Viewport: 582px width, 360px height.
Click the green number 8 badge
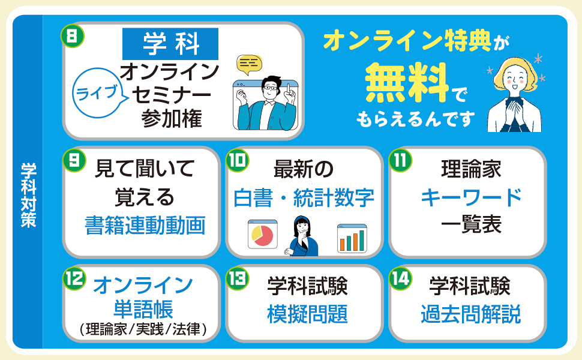pyautogui.click(x=71, y=35)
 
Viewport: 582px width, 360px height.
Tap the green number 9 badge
pyautogui.click(x=73, y=160)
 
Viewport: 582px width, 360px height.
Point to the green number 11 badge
pyautogui.click(x=399, y=160)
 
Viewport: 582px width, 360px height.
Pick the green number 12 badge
pyautogui.click(x=74, y=277)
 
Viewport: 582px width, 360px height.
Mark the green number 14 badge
pyautogui.click(x=399, y=277)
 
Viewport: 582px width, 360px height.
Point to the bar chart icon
pyautogui.click(x=352, y=239)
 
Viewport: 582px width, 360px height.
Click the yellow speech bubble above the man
pyautogui.click(x=249, y=62)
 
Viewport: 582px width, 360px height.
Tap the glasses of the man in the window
pyautogui.click(x=271, y=88)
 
